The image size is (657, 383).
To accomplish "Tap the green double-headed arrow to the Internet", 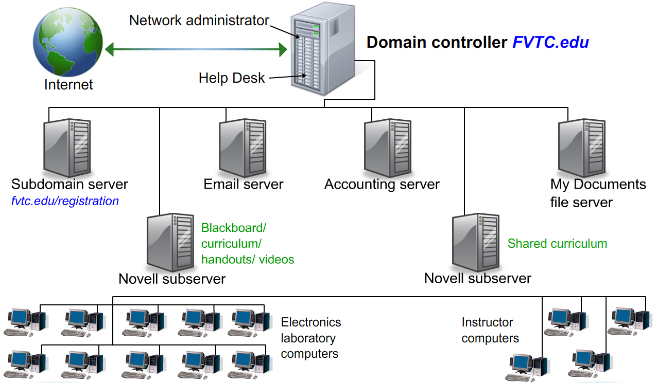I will click(x=196, y=49).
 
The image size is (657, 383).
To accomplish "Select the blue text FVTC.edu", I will click(x=550, y=42).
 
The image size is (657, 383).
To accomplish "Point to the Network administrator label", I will click(x=199, y=21).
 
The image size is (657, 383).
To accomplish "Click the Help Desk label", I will click(x=232, y=78).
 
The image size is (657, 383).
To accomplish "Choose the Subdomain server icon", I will click(x=66, y=147).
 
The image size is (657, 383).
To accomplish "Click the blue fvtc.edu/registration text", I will click(x=65, y=201).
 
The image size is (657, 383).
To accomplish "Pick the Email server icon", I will click(x=242, y=147).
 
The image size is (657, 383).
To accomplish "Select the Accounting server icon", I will click(x=387, y=147).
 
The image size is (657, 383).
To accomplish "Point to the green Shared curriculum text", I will click(x=557, y=244).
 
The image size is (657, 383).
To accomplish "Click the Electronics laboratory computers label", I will click(x=310, y=338).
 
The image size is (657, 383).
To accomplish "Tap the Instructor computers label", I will click(x=490, y=330).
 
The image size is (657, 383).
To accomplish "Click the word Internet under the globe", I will click(x=68, y=85).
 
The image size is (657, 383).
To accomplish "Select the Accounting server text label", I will click(x=382, y=185).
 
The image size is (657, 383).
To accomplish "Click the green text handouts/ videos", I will click(x=248, y=260).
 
